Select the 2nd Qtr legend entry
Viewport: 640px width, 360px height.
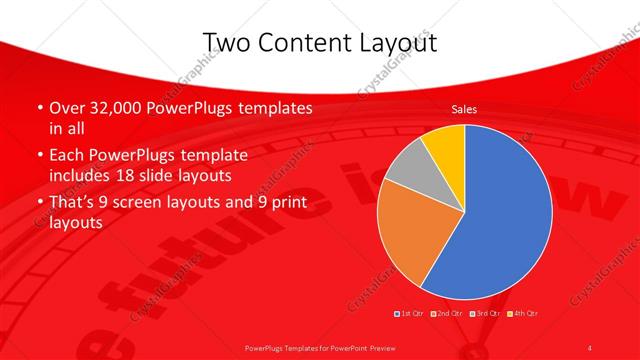[446, 314]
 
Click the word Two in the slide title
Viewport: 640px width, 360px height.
[225, 41]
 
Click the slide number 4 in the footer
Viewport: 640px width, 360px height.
[591, 346]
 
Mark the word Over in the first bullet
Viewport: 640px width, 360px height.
[66, 108]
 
